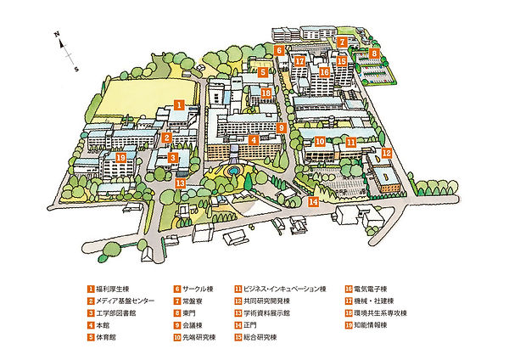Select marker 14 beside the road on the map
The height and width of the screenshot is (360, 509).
coord(314,202)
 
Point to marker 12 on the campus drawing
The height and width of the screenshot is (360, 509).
coord(386,153)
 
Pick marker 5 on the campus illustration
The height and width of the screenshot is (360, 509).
coord(263,73)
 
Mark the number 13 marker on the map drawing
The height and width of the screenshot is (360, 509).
coord(180,183)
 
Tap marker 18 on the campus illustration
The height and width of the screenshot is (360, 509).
coord(266,93)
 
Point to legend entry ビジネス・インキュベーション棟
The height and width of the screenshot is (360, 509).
coord(285,289)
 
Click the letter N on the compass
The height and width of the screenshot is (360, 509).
coord(56,34)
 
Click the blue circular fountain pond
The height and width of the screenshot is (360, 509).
coord(232,172)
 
